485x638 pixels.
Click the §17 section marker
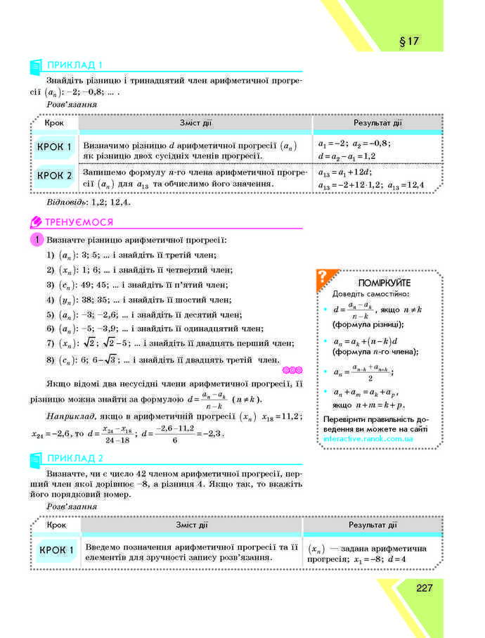click(x=408, y=42)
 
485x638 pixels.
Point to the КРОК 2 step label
click(x=55, y=175)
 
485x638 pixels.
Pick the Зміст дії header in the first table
click(x=195, y=123)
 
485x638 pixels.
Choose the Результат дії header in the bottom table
click(x=373, y=525)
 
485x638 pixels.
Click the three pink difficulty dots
click(x=291, y=370)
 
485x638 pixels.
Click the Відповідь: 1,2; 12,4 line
click(x=88, y=201)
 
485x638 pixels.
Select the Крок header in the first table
click(x=54, y=123)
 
